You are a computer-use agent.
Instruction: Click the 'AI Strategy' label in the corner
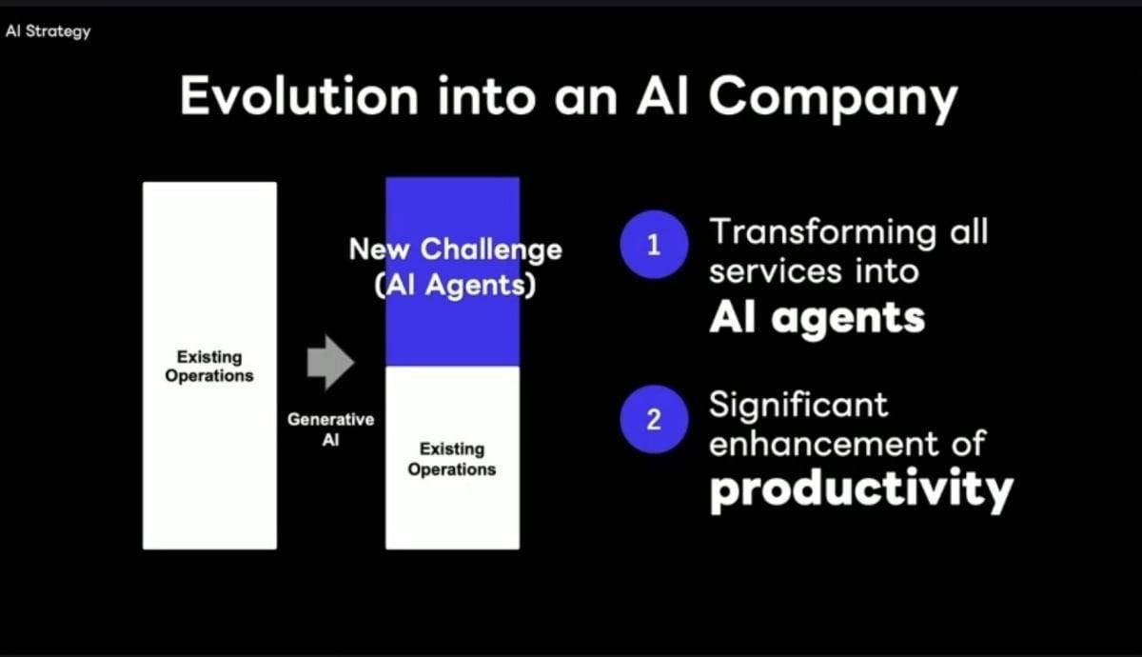[x=48, y=31]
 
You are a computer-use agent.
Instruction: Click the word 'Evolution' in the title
[x=299, y=96]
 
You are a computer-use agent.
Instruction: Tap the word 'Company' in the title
[x=834, y=99]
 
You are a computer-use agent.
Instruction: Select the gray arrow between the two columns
[x=330, y=362]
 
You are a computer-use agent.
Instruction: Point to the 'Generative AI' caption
[x=331, y=429]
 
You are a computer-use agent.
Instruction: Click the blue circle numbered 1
[x=654, y=245]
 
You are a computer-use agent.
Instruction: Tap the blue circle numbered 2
[x=654, y=419]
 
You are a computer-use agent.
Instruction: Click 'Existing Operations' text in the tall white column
[x=209, y=367]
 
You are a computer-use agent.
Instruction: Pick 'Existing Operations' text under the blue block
[x=452, y=459]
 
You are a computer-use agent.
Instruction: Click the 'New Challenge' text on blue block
[x=455, y=249]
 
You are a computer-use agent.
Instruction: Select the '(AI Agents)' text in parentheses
[x=455, y=285]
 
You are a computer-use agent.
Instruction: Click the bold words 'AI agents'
[x=817, y=319]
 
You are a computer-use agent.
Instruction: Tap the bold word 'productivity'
[x=861, y=489]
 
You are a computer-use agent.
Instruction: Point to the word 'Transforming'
[x=823, y=233]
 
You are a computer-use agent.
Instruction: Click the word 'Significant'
[x=798, y=407]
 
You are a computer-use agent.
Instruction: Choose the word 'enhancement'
[x=823, y=444]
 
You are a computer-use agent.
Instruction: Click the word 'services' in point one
[x=776, y=271]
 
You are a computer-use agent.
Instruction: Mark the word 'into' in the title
[x=487, y=96]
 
